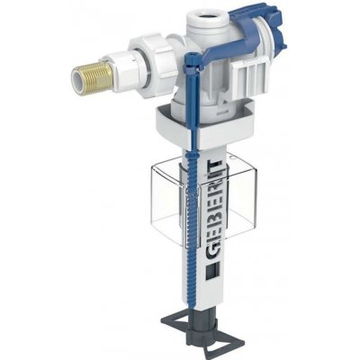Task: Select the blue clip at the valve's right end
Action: click(x=274, y=27)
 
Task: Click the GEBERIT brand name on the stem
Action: click(x=212, y=214)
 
